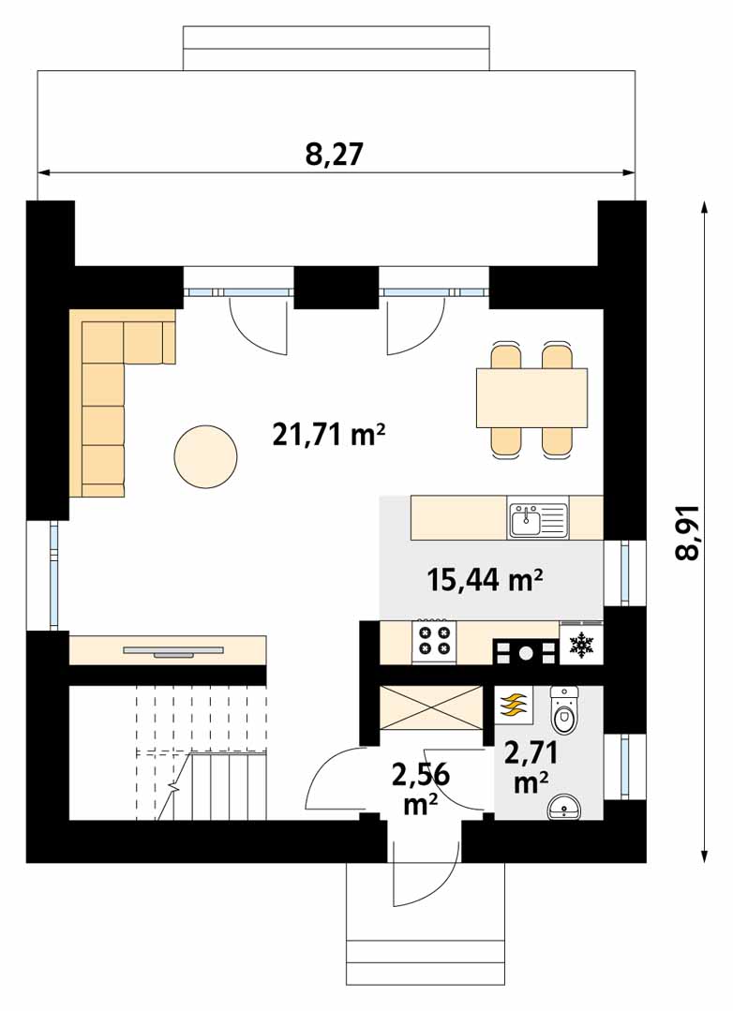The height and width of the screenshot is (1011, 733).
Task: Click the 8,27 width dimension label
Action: pos(335,155)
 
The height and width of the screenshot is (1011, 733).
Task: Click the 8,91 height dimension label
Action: pos(688,532)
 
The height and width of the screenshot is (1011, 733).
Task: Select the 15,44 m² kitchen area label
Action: pos(484,580)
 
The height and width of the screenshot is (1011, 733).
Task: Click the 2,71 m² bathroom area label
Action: pos(531,767)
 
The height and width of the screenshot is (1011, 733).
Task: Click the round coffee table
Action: pos(205,456)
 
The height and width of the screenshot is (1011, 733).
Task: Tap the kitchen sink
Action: pos(537,520)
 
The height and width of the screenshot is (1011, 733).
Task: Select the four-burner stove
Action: pos(434,641)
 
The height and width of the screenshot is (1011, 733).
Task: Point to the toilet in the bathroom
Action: pos(564,710)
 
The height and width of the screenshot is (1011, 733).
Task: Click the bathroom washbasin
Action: pos(563,807)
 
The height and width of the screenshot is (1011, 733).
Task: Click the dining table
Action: pos(531,398)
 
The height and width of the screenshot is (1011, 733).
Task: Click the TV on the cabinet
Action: pos(173,651)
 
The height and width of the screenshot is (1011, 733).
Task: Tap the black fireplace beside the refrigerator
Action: pos(526,652)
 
